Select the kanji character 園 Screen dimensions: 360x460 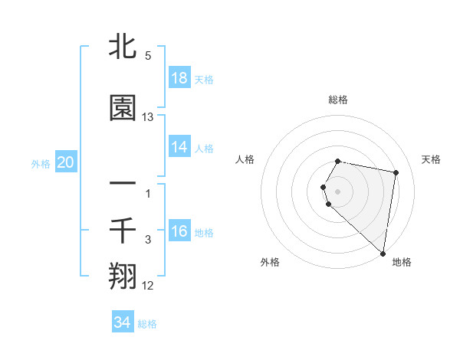123,108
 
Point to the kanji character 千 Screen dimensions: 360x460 123,231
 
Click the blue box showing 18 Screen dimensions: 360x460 179,78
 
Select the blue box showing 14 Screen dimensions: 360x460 179,147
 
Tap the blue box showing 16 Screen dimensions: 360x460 179,231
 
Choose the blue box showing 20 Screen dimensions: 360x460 66,162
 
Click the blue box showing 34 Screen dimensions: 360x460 123,322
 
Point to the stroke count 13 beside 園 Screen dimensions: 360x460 148,117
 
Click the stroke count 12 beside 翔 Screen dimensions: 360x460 148,286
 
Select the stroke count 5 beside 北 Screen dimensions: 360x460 148,56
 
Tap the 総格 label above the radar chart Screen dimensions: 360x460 338,100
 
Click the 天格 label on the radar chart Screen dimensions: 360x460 432,159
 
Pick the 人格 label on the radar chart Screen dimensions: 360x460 245,159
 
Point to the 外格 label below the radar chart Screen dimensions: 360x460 270,262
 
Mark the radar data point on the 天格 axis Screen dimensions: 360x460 396,173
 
